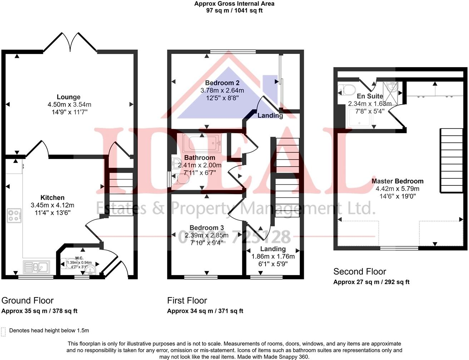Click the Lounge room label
tap(69, 97)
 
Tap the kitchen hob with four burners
tap(14, 216)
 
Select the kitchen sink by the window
tap(36, 267)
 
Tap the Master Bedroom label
tap(397, 181)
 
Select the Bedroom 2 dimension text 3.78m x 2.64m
tap(222, 91)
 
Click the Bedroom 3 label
tap(207, 228)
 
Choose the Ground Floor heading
tap(28, 300)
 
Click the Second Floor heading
tap(360, 271)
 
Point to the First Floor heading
tap(187, 300)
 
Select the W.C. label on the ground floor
tap(79, 258)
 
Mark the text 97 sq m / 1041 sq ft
tap(234, 10)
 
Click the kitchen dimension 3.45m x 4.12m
tap(53, 205)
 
